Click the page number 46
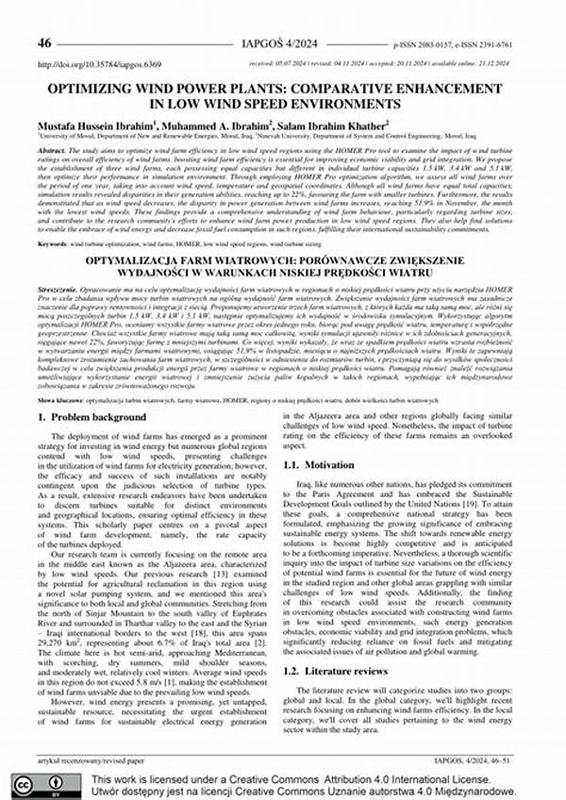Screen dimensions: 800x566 click(x=45, y=43)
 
